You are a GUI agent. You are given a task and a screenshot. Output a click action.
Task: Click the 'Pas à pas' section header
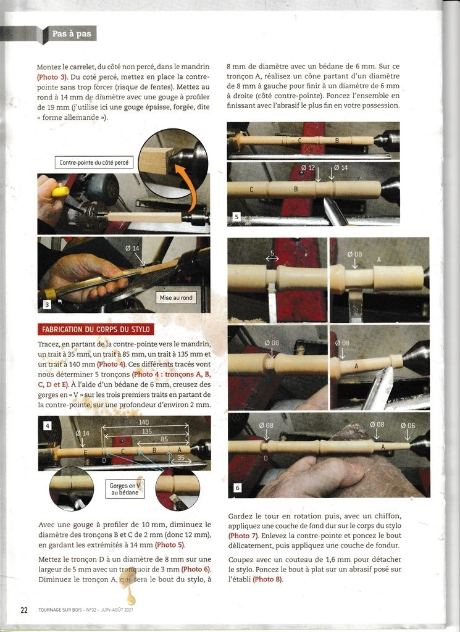[72, 34]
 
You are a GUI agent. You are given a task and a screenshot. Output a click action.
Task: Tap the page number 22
[24, 610]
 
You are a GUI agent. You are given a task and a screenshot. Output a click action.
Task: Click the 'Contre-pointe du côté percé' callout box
[94, 162]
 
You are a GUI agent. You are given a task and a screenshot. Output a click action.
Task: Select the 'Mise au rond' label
[176, 298]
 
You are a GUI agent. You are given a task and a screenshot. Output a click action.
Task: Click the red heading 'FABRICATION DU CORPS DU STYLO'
[96, 330]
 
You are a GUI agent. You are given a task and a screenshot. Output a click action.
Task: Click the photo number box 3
[47, 305]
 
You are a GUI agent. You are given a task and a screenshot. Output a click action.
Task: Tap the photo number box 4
[47, 426]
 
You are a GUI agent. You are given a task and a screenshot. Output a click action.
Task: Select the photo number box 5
[236, 217]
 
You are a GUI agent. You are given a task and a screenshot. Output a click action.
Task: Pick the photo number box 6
[238, 488]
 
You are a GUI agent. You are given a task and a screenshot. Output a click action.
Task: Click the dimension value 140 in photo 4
[144, 422]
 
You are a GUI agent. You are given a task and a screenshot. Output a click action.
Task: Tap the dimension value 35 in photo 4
[181, 458]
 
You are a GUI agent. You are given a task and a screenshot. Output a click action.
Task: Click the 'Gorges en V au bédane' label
[125, 489]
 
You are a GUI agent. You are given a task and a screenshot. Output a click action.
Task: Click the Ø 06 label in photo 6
[408, 425]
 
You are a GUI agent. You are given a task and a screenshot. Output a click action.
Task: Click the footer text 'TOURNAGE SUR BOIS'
[60, 610]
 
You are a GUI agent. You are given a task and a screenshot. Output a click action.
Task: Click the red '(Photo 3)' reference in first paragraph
[52, 77]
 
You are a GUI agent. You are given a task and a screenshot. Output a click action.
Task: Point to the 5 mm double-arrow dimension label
[272, 256]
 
